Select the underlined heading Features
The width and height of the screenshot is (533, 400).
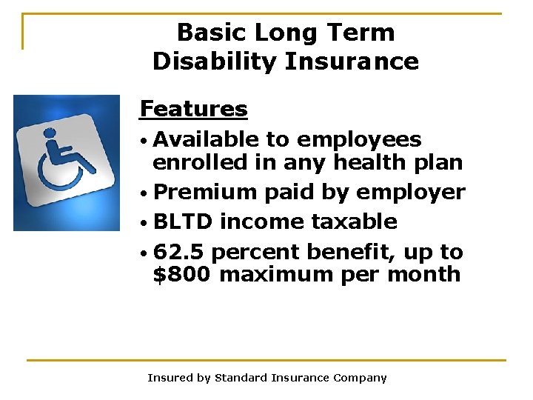(193, 109)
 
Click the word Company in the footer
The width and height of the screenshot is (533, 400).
(359, 378)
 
